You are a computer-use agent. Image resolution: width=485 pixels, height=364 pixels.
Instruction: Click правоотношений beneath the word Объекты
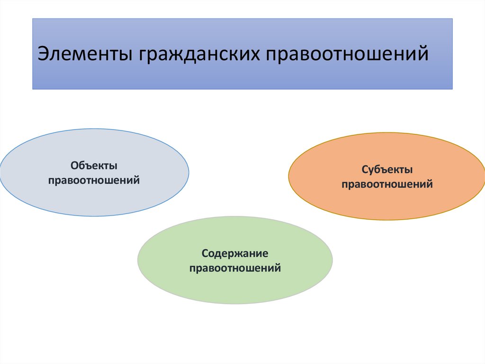(94, 180)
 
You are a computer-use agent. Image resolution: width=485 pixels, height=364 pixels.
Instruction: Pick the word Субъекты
(387, 169)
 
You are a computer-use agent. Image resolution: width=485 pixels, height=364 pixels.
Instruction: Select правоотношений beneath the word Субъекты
(387, 184)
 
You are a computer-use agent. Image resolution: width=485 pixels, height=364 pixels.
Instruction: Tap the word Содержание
(235, 253)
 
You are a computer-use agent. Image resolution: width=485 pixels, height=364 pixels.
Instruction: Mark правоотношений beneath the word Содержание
(235, 268)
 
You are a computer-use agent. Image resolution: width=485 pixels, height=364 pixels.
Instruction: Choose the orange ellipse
(332, 199)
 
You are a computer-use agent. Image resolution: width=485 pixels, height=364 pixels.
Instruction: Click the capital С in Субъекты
(364, 169)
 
